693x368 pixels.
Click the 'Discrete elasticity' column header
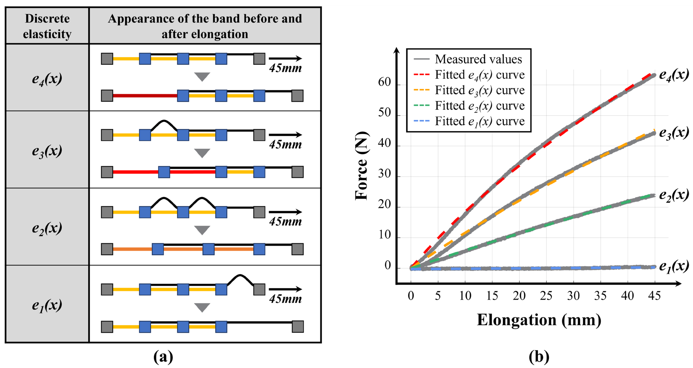pyautogui.click(x=47, y=26)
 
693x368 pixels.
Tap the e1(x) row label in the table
pyautogui.click(x=47, y=305)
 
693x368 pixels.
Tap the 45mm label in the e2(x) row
pyautogui.click(x=285, y=222)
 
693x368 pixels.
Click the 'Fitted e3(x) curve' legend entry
pyautogui.click(x=469, y=90)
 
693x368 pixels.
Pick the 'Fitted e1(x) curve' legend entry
pyautogui.click(x=469, y=121)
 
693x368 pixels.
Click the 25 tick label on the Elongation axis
pyautogui.click(x=546, y=296)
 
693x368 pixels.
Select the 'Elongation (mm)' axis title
pyautogui.click(x=539, y=320)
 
